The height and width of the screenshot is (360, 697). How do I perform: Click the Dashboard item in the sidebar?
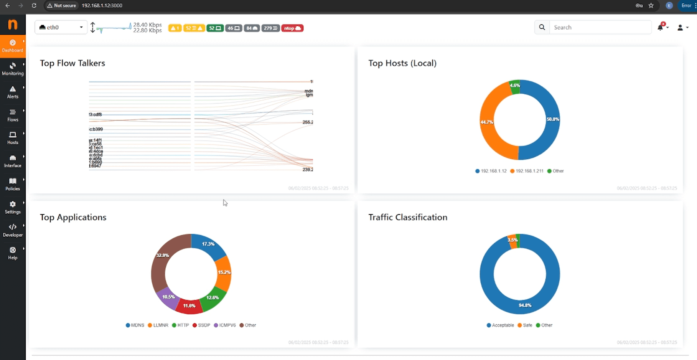click(13, 46)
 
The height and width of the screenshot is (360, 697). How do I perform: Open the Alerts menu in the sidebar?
click(13, 92)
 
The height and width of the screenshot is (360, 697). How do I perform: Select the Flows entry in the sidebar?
click(13, 115)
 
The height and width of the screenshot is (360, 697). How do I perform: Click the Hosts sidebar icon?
click(13, 138)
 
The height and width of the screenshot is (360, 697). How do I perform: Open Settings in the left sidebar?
click(13, 207)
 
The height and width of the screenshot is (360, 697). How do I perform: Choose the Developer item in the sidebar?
click(13, 230)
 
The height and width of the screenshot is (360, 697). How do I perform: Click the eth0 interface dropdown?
click(61, 27)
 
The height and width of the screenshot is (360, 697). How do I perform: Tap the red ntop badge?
click(292, 28)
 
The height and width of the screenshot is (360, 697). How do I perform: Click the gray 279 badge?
click(270, 28)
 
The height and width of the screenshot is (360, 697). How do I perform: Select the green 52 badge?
click(215, 28)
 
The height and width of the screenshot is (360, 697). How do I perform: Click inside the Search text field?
click(600, 27)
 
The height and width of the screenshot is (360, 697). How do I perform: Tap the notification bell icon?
click(660, 27)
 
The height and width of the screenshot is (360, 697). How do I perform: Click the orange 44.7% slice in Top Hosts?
click(488, 122)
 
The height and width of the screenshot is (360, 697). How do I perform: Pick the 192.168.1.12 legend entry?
click(491, 171)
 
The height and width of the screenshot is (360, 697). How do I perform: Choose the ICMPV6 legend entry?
click(225, 325)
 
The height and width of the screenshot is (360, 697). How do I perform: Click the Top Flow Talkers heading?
click(73, 63)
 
